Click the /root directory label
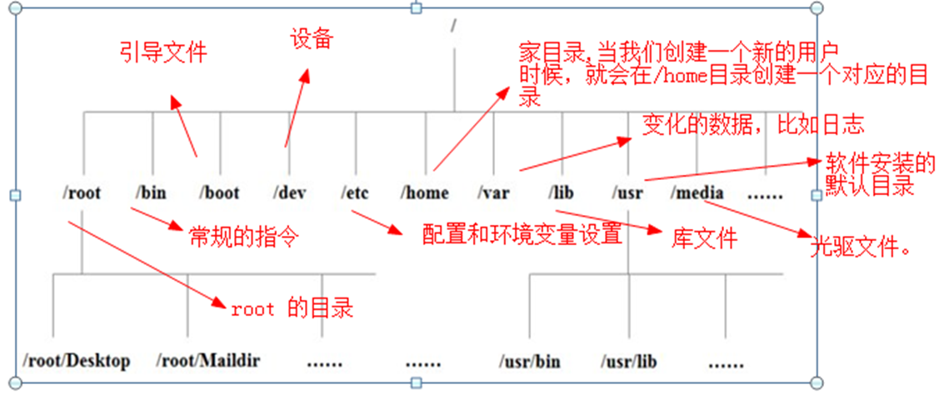[x=82, y=193]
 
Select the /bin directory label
[x=151, y=193]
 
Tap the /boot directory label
[x=220, y=193]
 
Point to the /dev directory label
[x=289, y=193]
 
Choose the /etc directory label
[x=355, y=193]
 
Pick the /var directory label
[x=494, y=193]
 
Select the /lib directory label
[x=562, y=193]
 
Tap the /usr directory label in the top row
[x=626, y=193]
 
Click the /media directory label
[x=697, y=193]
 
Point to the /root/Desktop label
[x=77, y=361]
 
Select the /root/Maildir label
[x=208, y=361]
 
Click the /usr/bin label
[x=530, y=362]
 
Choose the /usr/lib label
[x=629, y=362]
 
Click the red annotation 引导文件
[x=162, y=53]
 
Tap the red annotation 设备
[x=311, y=38]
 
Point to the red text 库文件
[x=704, y=239]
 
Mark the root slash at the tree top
[x=454, y=25]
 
